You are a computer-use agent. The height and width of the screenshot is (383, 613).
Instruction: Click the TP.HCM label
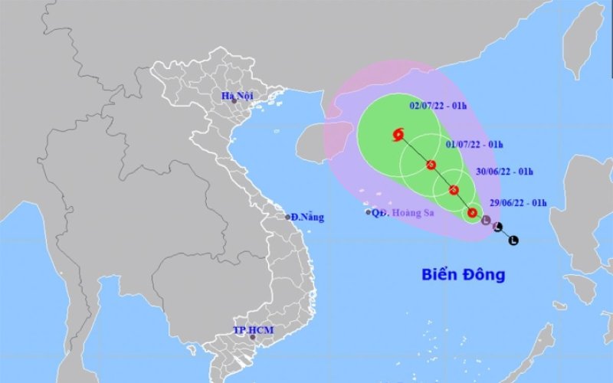click(253, 330)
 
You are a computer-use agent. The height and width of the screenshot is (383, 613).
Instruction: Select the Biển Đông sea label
click(463, 274)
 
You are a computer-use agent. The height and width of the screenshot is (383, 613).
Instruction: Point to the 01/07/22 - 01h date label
click(474, 144)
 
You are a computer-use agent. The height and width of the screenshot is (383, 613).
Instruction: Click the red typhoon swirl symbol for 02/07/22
click(398, 136)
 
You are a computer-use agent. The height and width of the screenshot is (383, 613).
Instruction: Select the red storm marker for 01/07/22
click(431, 165)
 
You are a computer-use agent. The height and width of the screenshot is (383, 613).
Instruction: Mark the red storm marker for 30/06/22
click(454, 190)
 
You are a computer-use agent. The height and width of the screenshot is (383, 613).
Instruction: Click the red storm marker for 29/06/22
click(473, 213)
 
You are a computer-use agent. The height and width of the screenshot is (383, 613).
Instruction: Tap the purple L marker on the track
click(486, 221)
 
